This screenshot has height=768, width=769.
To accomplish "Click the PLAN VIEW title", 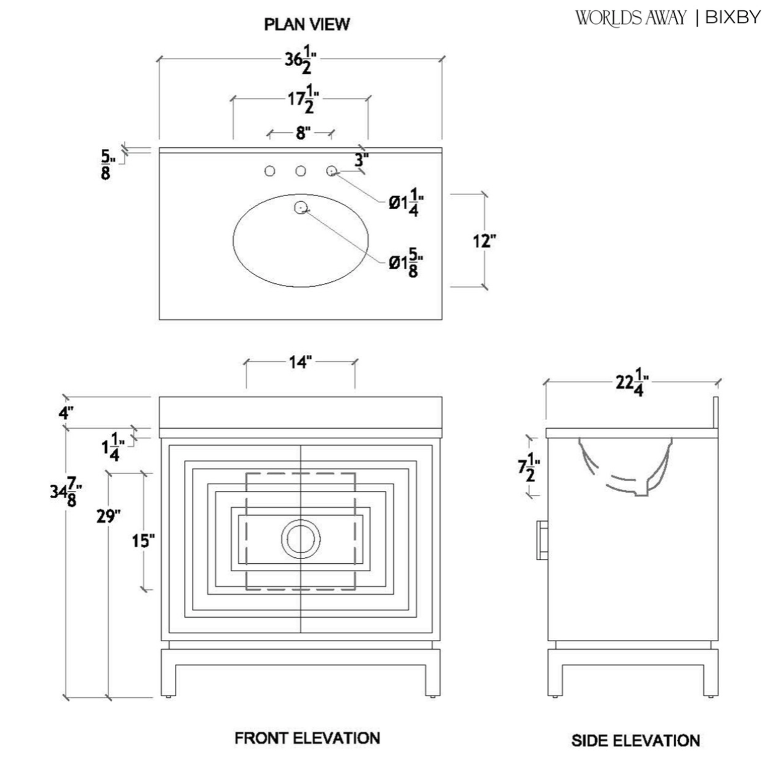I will [307, 24].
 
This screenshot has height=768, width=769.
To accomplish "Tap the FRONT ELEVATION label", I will [307, 738].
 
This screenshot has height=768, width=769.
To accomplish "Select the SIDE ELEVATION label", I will [636, 740].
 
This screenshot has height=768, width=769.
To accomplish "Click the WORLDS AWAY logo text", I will [630, 18].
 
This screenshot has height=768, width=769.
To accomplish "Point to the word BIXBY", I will [733, 18].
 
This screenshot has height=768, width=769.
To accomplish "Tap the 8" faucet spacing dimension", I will [302, 133].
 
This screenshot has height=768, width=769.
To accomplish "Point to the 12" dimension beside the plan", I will [483, 241].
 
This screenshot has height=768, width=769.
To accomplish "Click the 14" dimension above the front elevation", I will [299, 362].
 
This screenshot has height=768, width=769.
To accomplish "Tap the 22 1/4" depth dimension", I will [632, 382].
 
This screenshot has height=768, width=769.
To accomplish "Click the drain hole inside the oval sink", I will [301, 208].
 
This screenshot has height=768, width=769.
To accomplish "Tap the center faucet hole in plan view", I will [301, 171].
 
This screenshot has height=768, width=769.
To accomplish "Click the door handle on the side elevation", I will [542, 540].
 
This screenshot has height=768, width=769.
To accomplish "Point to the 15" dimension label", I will [144, 540].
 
